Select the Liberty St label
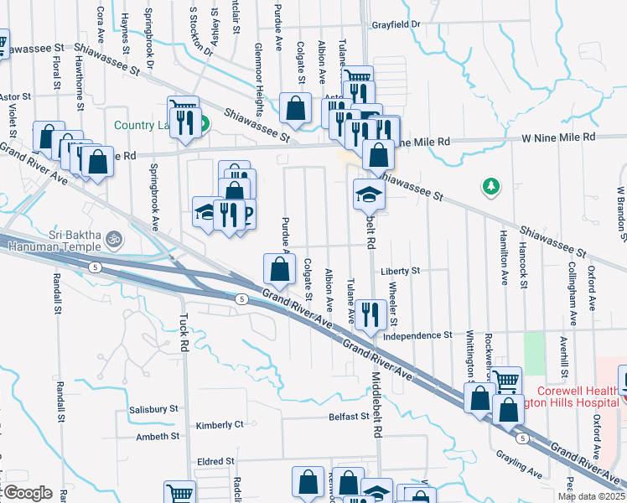pos(400,272)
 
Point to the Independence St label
pos(417,335)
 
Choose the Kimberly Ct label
pos(220,425)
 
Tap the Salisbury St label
pos(154,410)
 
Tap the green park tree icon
pos(490,186)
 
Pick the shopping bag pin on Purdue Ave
pos(279,268)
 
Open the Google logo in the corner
pos(27,493)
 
